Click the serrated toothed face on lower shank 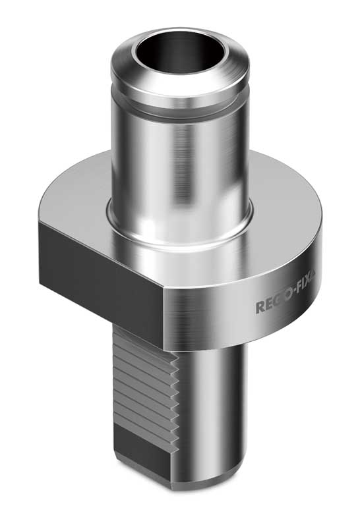tap(142, 389)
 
